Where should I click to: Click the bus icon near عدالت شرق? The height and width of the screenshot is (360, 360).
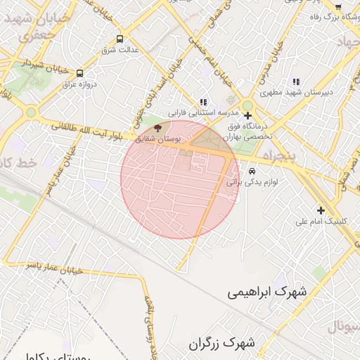tap(119, 39)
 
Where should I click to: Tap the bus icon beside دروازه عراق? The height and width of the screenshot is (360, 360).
tap(79, 73)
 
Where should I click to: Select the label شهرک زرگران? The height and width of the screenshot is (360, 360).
tap(221, 344)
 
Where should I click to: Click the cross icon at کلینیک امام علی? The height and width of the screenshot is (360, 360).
tap(321, 210)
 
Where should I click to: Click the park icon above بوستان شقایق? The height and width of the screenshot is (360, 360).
tap(157, 129)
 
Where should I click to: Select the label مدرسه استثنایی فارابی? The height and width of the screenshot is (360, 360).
tap(204, 112)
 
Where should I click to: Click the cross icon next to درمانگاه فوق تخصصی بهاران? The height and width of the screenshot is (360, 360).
tap(247, 115)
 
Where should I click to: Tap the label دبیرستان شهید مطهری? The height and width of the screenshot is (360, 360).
tap(307, 92)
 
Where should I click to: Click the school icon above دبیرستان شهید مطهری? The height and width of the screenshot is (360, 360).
tap(295, 81)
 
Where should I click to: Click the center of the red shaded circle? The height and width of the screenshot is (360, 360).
tap(180, 179)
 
